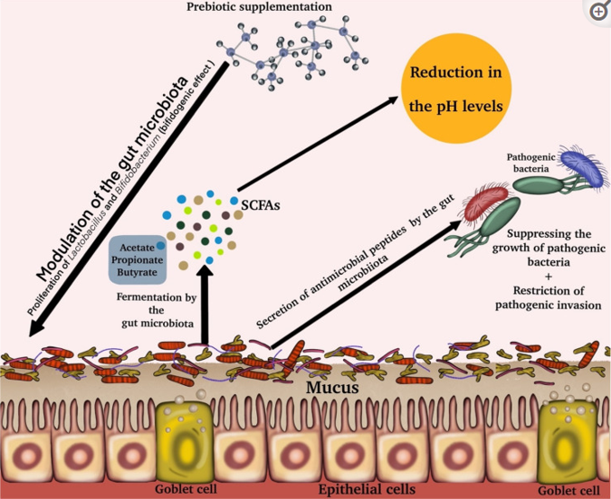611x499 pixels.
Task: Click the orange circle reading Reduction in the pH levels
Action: (456, 89)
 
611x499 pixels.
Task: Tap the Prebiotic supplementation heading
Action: (259, 6)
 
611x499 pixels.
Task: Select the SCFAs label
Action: (261, 205)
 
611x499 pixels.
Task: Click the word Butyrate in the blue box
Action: (138, 272)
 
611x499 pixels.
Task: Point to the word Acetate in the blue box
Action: (138, 248)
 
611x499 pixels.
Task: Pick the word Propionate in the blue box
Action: (138, 259)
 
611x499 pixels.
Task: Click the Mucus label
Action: (332, 387)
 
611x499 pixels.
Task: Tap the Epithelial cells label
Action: (368, 489)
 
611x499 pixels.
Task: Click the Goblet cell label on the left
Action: (186, 489)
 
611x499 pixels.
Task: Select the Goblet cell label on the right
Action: (569, 491)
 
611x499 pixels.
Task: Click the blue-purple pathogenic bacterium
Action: (581, 167)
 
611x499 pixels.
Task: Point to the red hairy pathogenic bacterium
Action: (487, 202)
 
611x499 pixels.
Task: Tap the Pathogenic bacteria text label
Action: (531, 163)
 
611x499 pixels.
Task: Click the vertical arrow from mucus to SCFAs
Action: (205, 306)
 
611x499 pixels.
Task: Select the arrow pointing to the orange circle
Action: (318, 144)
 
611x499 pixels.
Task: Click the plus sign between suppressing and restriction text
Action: (549, 277)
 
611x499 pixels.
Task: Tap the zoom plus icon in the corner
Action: (598, 12)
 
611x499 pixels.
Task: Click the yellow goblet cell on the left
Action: (185, 442)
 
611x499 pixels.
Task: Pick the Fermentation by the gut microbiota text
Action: (157, 310)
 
